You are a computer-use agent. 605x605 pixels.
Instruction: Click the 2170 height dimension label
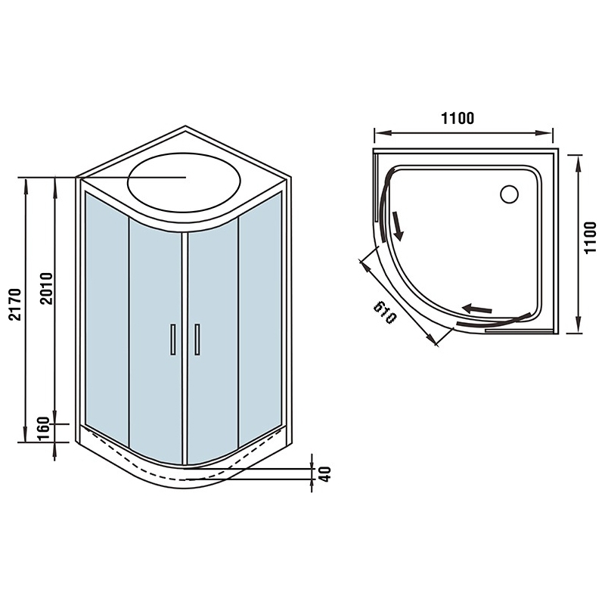[14, 304]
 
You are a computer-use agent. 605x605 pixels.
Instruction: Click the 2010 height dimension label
[47, 289]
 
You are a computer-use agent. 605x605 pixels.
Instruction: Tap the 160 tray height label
[45, 429]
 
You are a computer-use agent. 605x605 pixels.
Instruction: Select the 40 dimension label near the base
[326, 474]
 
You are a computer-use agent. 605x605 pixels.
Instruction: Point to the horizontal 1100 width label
[458, 118]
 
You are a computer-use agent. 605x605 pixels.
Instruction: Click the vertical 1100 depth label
[590, 237]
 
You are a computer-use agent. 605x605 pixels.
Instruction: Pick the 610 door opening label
[385, 312]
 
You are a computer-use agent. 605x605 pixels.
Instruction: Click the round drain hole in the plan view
[509, 194]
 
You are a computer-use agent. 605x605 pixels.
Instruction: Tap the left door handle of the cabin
[173, 340]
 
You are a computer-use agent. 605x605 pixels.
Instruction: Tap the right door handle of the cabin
[197, 340]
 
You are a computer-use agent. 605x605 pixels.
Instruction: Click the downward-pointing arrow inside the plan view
[399, 225]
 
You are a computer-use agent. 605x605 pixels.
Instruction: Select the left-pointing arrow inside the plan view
[477, 309]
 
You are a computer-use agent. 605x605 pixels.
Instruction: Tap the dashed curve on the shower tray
[185, 479]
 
